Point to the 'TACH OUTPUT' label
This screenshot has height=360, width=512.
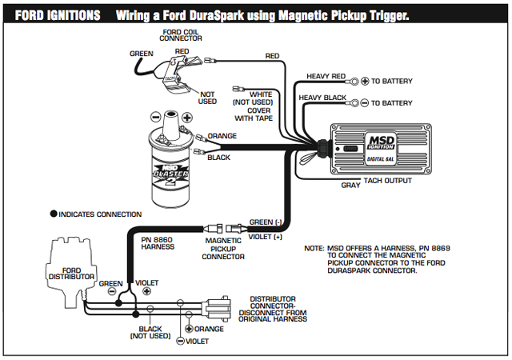pyautogui.click(x=386, y=181)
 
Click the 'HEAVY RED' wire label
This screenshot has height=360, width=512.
pyautogui.click(x=322, y=77)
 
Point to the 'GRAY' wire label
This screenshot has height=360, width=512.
pyautogui.click(x=350, y=185)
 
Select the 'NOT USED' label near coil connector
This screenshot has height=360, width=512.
pyautogui.click(x=206, y=97)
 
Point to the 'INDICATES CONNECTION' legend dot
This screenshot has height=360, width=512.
pyautogui.click(x=54, y=214)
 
